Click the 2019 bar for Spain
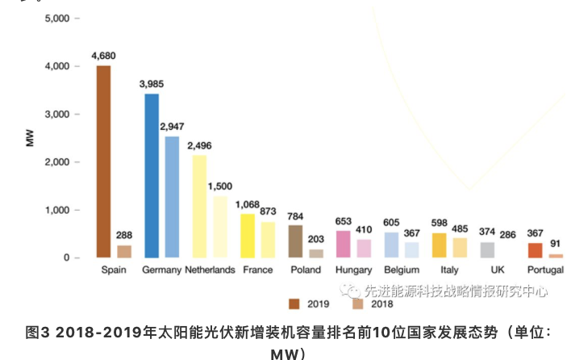103,161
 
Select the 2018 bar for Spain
124,251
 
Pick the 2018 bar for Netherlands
220,227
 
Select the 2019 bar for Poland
296,241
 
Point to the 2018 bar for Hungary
365,249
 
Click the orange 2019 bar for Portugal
535,250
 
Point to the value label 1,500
220,186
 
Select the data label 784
296,216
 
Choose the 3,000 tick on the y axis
58,115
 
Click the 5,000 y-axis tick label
58,19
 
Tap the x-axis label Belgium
402,270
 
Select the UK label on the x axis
497,270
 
